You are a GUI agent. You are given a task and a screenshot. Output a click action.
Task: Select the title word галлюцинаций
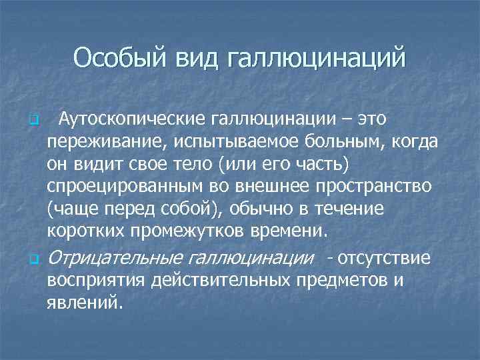point(316,58)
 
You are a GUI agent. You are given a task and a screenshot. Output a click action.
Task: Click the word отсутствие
point(383,257)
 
